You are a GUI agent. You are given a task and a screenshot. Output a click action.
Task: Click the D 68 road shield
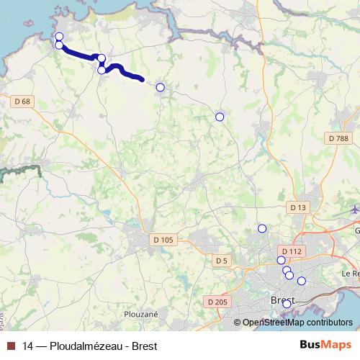click(22, 102)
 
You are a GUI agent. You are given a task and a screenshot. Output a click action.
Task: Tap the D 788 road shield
click(336, 138)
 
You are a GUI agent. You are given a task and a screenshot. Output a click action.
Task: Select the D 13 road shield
click(298, 207)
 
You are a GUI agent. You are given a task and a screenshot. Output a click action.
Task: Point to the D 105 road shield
click(163, 239)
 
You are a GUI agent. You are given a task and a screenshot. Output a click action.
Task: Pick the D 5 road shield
click(221, 260)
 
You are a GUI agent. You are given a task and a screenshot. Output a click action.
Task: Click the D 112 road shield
click(291, 251)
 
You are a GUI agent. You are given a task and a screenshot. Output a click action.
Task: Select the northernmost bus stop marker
click(59, 37)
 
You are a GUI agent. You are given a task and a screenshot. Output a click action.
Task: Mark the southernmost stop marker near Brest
click(287, 304)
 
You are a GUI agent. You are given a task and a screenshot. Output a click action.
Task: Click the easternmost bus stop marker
click(302, 281)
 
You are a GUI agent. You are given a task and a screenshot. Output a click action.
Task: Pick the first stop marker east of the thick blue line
click(160, 88)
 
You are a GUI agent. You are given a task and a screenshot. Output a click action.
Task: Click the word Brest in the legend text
click(143, 346)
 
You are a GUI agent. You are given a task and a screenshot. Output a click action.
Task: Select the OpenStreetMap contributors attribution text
click(297, 323)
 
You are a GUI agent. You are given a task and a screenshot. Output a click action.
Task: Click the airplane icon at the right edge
click(355, 210)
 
